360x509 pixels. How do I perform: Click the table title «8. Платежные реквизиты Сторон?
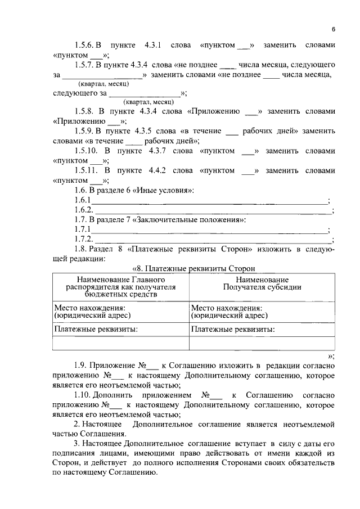[x=193, y=269]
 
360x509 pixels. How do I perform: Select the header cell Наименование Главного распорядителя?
[x=120, y=286]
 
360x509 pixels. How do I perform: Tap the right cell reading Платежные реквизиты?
[x=233, y=329]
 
